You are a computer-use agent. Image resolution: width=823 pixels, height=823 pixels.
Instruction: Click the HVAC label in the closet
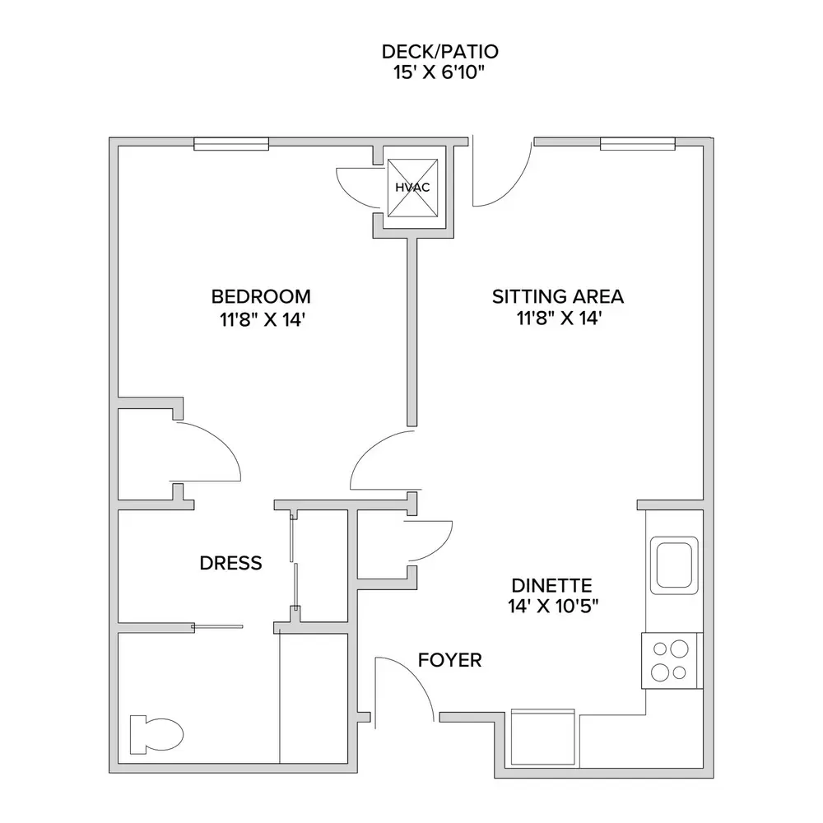tap(412, 188)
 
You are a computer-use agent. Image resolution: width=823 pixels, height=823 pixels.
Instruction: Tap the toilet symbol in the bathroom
tap(156, 734)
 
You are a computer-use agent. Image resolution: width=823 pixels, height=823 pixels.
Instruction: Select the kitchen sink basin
tap(674, 565)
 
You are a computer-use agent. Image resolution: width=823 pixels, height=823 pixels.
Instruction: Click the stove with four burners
tap(672, 660)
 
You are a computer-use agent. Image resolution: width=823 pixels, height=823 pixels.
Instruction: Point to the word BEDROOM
tap(261, 296)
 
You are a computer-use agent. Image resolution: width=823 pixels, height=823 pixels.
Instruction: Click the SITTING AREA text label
tap(558, 296)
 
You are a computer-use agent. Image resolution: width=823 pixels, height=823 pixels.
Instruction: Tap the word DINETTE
tap(551, 585)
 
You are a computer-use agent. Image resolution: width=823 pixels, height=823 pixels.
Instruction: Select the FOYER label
tap(450, 660)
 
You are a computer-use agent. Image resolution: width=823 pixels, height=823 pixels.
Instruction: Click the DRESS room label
tap(231, 563)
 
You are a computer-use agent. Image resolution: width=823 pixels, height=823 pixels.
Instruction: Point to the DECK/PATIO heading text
tap(439, 51)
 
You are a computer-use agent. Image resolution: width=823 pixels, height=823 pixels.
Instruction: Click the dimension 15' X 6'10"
tap(439, 72)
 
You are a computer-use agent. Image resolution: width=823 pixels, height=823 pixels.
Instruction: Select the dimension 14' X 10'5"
tap(553, 607)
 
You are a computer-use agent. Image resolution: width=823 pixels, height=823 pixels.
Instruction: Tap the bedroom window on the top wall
tap(231, 143)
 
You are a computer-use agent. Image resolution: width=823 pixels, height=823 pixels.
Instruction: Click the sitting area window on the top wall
tap(638, 143)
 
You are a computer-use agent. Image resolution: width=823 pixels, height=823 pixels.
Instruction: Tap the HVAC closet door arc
tap(346, 192)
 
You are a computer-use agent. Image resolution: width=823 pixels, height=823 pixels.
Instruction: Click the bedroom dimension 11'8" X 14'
tap(263, 319)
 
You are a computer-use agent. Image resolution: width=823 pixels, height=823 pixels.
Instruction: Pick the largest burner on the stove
tap(679, 649)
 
